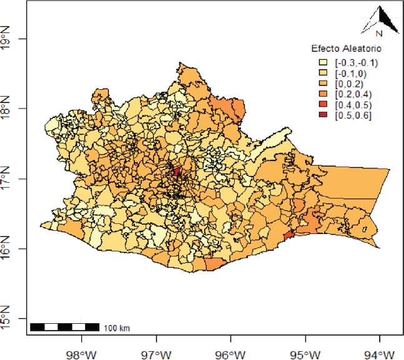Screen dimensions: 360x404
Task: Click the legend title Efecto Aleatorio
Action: coord(347,48)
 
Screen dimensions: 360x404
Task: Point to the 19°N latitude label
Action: coord(7,39)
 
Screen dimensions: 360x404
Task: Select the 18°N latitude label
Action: coord(7,109)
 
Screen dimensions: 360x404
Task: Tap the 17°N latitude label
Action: coord(7,178)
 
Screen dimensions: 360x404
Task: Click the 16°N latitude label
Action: coord(7,248)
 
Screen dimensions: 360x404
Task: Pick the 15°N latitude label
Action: coord(7,318)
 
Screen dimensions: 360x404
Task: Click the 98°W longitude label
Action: coord(82,354)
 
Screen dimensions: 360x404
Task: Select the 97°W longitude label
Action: coord(156,354)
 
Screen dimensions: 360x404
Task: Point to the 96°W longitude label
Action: coord(231,354)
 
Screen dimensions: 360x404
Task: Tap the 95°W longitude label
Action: coord(305,354)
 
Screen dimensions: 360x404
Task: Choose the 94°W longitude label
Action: coord(380,354)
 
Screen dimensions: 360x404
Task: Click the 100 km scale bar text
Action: coord(117,328)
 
